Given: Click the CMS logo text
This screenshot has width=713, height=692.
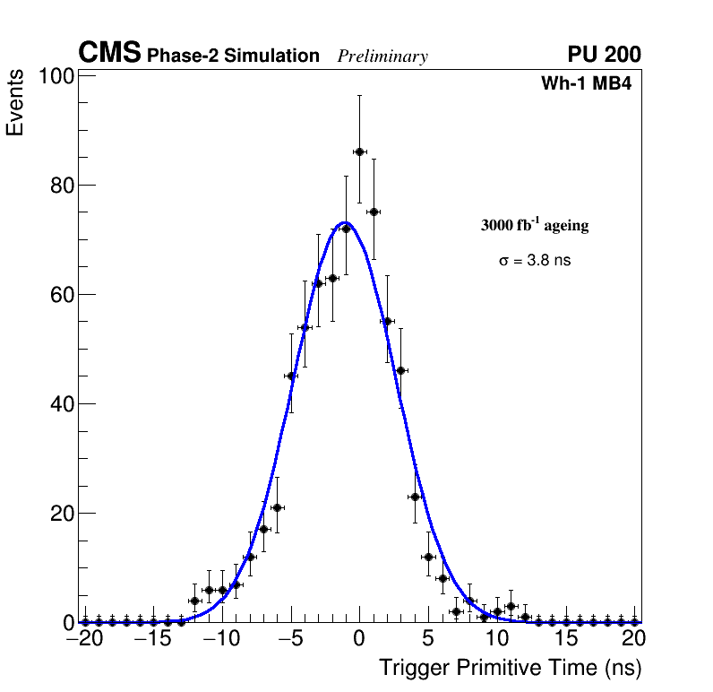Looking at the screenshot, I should tap(109, 54).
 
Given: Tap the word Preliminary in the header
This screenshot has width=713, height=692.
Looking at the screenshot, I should tap(382, 56).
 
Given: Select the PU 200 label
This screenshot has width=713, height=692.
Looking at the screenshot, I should tap(604, 55).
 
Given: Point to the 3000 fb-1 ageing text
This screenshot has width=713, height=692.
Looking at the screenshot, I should tap(535, 225).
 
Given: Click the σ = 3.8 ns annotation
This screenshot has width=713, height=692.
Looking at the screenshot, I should tap(535, 261).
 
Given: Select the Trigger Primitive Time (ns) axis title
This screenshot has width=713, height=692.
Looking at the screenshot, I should tap(510, 669).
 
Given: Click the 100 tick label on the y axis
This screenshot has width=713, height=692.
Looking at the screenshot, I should tap(56, 77).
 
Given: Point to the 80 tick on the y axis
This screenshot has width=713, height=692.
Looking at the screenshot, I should tap(60, 186).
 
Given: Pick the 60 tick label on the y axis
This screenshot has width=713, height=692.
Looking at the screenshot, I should tap(60, 296).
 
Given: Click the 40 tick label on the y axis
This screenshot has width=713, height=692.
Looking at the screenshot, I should tap(60, 405).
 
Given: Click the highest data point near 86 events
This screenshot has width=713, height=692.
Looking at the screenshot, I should tap(359, 151).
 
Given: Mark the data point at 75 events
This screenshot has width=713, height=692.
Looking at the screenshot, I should tap(374, 212).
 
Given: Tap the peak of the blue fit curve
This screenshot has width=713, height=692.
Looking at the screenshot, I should tap(346, 223).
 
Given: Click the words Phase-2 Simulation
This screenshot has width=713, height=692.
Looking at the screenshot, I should tap(233, 56).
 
